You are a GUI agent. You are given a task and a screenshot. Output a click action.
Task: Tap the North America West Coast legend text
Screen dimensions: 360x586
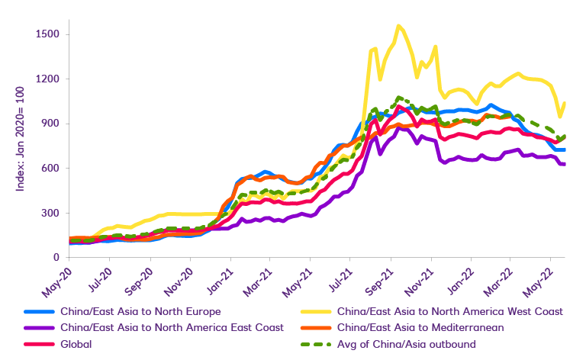click(449, 311)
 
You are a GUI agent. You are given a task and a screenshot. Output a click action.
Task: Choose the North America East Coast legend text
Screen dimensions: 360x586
click(170, 327)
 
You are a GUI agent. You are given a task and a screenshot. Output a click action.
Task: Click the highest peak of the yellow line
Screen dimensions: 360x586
click(399, 26)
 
